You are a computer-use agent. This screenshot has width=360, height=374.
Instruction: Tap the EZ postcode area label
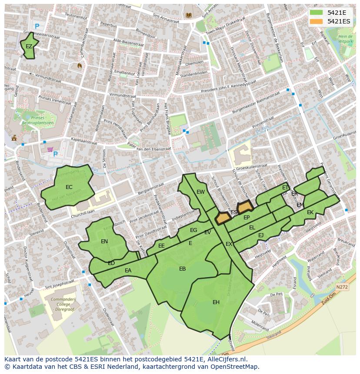point(29,46)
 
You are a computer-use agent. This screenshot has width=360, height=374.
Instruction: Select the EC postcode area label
point(69,187)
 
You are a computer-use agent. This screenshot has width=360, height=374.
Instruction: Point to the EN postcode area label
point(104,242)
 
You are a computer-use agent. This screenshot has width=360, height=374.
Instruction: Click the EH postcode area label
point(216,302)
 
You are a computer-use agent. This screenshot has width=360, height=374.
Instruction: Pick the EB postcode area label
point(183,269)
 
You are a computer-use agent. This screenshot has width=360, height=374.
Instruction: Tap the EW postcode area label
point(200,192)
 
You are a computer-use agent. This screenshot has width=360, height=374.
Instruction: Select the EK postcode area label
point(310,212)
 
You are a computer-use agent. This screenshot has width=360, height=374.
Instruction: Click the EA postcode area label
point(128,271)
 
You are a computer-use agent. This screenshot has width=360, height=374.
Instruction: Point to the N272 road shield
point(342,287)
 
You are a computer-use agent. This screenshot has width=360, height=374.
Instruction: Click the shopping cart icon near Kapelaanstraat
point(50,150)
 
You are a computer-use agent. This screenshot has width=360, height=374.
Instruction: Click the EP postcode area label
point(247,218)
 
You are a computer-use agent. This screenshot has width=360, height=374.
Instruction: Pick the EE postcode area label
point(161,246)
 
